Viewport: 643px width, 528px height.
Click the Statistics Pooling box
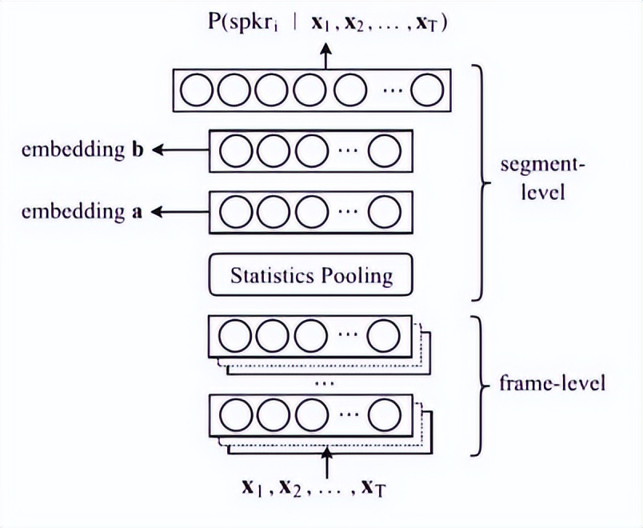[311, 275]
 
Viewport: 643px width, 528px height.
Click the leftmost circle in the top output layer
[195, 90]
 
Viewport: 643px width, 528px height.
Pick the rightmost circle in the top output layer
[427, 90]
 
